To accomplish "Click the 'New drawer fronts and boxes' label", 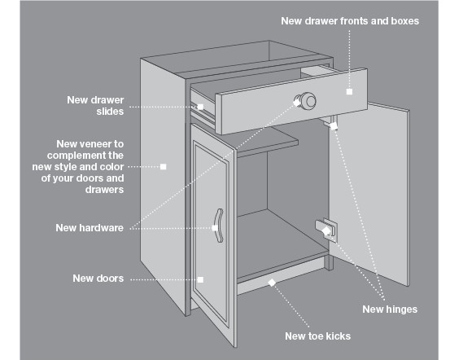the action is [350, 21].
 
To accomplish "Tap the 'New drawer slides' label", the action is [95, 105].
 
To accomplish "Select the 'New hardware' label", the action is [90, 228].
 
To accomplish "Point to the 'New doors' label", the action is [98, 279].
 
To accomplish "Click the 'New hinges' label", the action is [390, 310].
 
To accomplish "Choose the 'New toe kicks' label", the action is [317, 336].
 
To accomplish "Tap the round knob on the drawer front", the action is [307, 101].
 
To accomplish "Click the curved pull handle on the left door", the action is [219, 226].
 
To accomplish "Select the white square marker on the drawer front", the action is [349, 92].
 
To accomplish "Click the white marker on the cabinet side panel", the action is [163, 167].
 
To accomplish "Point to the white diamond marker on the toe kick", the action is [272, 283].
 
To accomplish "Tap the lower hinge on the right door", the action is [326, 227].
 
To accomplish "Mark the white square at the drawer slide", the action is [200, 107].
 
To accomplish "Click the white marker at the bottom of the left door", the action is [201, 279].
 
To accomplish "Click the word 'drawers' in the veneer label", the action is [104, 190].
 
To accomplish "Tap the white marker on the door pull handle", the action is [215, 228].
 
